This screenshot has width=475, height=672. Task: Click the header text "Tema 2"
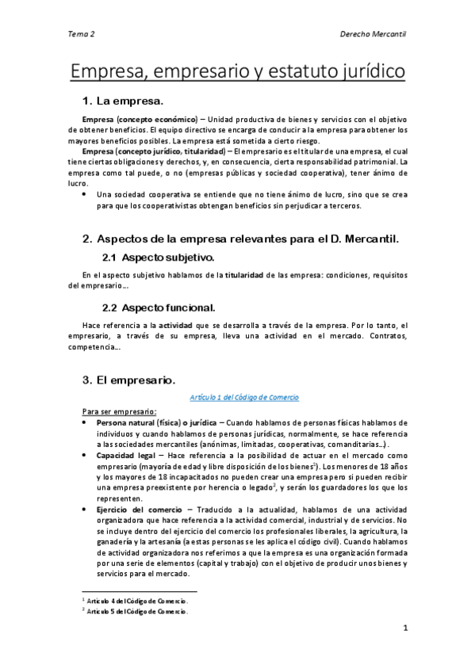point(82,35)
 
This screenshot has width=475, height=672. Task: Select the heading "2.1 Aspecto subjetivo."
point(159,258)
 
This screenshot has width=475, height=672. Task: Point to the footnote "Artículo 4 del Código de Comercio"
point(138,602)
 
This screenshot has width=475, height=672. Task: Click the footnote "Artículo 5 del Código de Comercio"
point(138,612)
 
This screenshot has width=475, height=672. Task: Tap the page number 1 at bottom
point(404,629)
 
